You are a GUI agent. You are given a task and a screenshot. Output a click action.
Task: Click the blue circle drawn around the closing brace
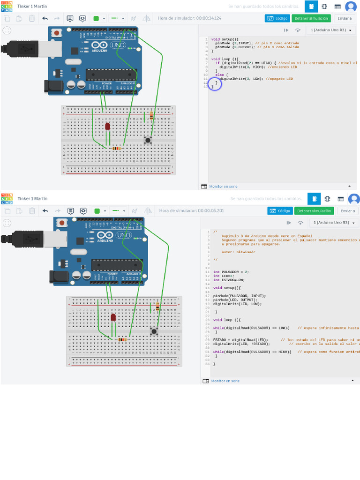(x=214, y=85)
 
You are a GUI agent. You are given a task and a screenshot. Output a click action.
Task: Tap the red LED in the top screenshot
(x=107, y=127)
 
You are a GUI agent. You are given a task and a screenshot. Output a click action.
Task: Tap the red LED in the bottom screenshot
(x=113, y=318)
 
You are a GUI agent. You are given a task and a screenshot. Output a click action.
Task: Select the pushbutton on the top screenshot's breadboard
(x=148, y=140)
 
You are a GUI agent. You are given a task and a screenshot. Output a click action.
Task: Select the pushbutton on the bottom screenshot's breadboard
(x=153, y=331)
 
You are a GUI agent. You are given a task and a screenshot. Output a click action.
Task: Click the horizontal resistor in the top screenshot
(x=115, y=149)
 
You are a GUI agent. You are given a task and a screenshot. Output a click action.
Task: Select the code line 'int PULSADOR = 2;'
(x=231, y=271)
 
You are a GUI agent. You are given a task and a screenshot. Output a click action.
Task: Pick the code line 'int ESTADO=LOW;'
(x=229, y=280)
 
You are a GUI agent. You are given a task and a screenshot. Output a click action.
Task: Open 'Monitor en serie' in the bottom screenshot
(x=225, y=381)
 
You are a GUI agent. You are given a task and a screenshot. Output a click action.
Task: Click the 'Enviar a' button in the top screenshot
(x=345, y=18)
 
